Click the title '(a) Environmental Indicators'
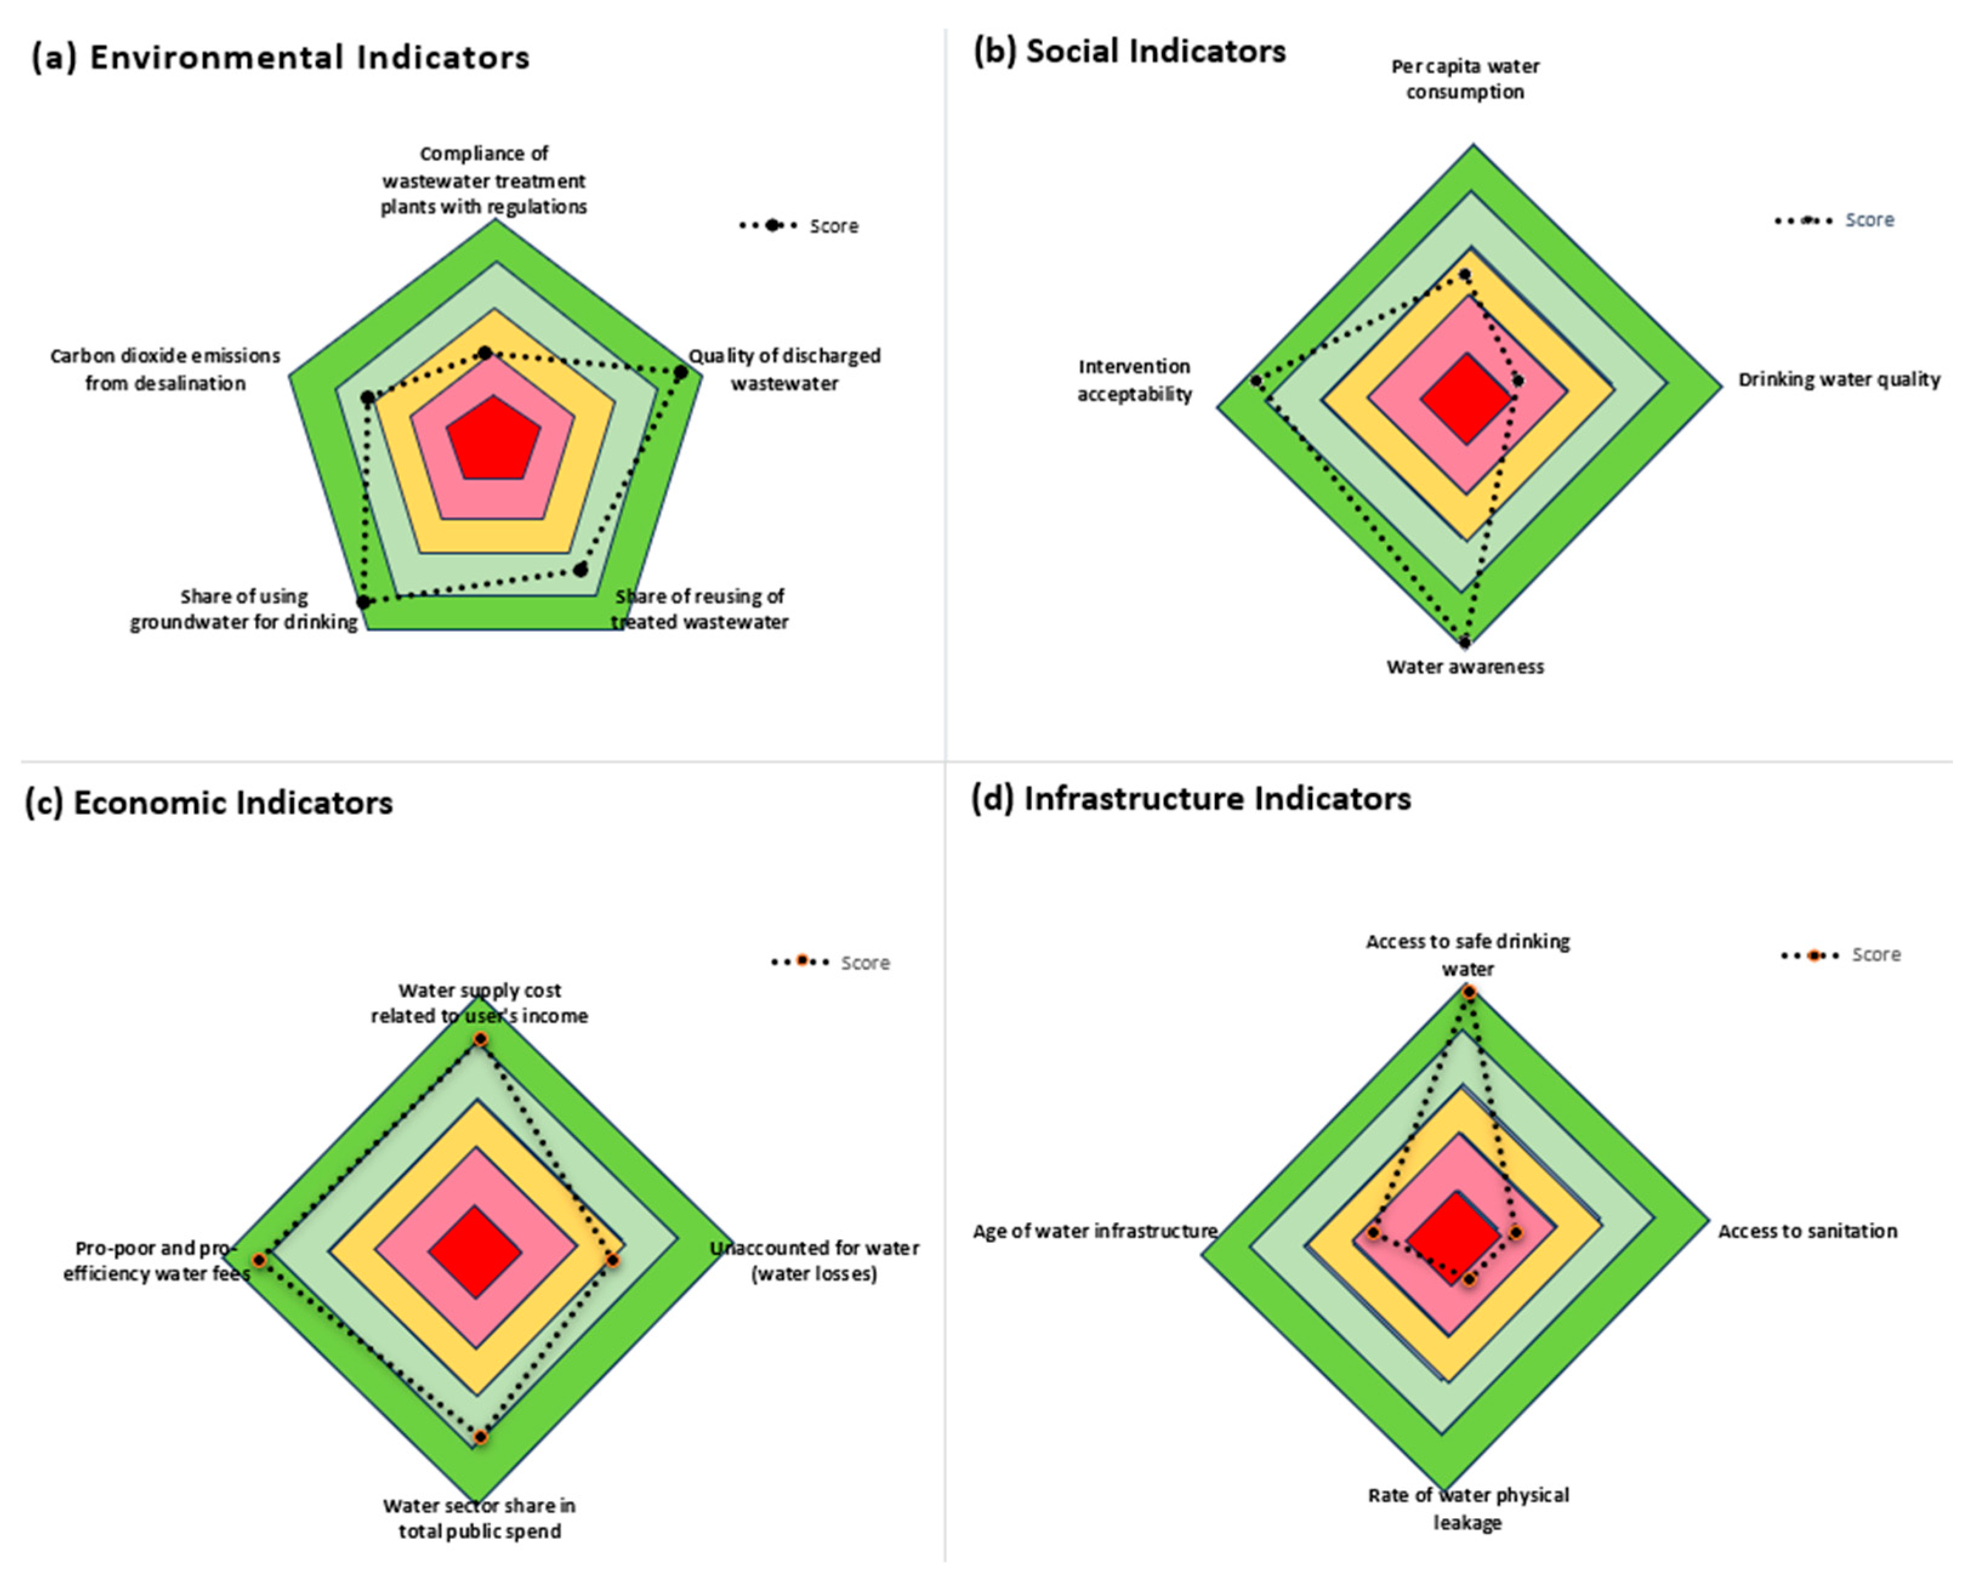pyautogui.click(x=281, y=57)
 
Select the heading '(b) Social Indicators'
pyautogui.click(x=1129, y=52)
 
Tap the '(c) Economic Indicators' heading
pyautogui.click(x=209, y=802)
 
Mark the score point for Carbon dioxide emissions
pyautogui.click(x=367, y=398)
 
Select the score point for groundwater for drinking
pyautogui.click(x=364, y=602)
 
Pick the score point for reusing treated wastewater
pyautogui.click(x=581, y=570)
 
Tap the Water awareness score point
pyautogui.click(x=1466, y=643)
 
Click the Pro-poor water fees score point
pyautogui.click(x=260, y=1260)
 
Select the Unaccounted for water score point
pyautogui.click(x=613, y=1260)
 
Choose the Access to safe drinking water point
pyautogui.click(x=1469, y=992)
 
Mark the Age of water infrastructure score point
pyautogui.click(x=1373, y=1233)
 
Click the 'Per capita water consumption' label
pyautogui.click(x=1464, y=79)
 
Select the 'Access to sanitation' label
pyautogui.click(x=1807, y=1231)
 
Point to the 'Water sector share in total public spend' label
pyautogui.click(x=479, y=1518)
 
